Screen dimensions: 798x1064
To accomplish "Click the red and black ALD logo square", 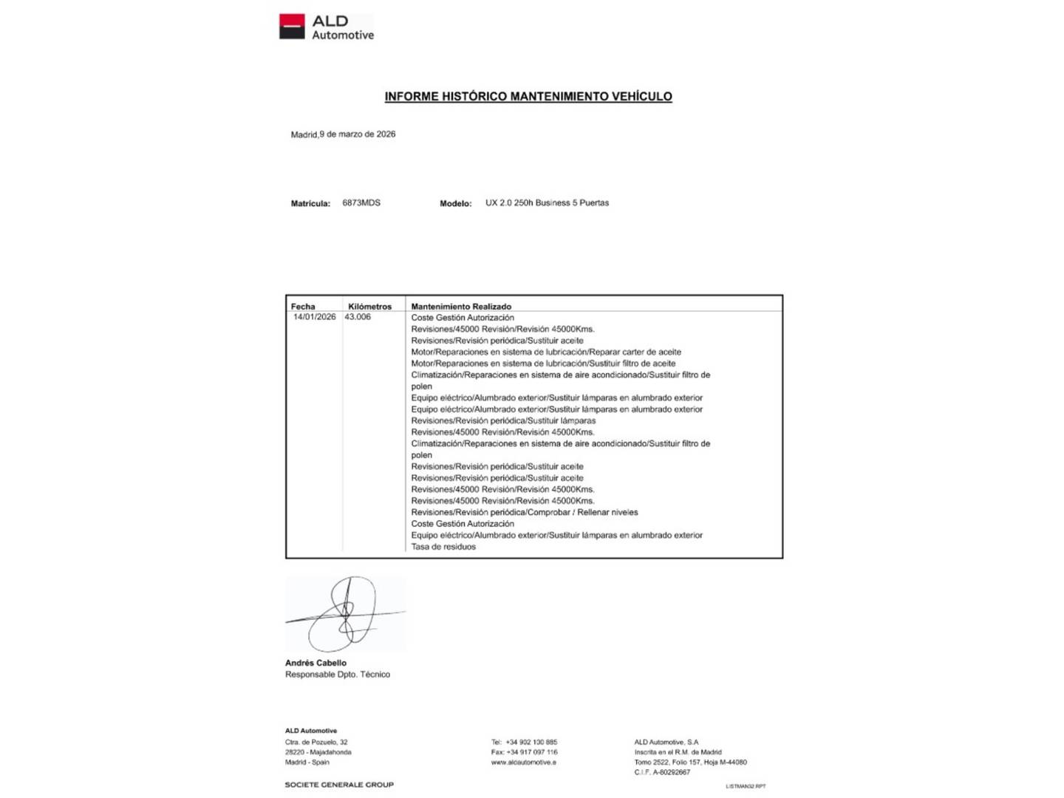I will click(292, 27).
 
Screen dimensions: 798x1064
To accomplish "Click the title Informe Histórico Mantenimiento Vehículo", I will click(528, 97).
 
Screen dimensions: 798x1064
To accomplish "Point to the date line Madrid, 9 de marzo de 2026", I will click(343, 134).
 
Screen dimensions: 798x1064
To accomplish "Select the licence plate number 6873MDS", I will click(361, 202).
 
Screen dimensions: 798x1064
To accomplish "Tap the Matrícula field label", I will click(310, 203).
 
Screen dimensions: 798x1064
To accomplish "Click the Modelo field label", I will click(455, 203).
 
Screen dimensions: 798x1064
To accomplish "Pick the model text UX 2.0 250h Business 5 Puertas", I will click(547, 202).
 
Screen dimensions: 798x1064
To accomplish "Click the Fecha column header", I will click(303, 307).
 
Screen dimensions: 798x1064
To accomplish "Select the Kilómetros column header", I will click(369, 307).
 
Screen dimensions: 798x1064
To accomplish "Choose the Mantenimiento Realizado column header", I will click(461, 307).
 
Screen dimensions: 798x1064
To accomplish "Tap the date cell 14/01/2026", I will click(314, 317).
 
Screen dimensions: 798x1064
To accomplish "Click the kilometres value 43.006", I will click(358, 317).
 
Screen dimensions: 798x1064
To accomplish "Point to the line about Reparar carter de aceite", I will click(546, 352).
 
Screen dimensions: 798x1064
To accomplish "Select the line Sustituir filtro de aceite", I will click(543, 364).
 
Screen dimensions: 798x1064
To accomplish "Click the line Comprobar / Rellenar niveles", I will click(525, 512).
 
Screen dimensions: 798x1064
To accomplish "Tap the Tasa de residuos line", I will click(443, 547).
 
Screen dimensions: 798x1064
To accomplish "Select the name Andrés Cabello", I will click(316, 663).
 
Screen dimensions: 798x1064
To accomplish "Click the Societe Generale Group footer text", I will click(339, 785).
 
